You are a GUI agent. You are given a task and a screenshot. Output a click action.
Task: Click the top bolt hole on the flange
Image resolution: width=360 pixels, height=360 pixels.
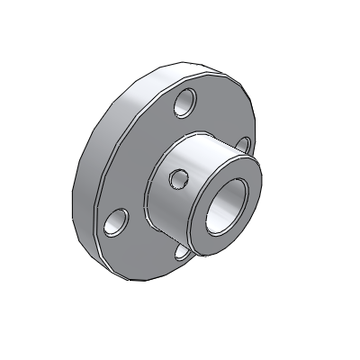click(x=186, y=103)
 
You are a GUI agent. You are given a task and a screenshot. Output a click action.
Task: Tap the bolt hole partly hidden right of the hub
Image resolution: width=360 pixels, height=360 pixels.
click(x=243, y=145)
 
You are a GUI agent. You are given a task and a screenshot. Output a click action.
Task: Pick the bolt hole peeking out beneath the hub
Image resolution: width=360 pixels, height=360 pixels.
click(x=183, y=253)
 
